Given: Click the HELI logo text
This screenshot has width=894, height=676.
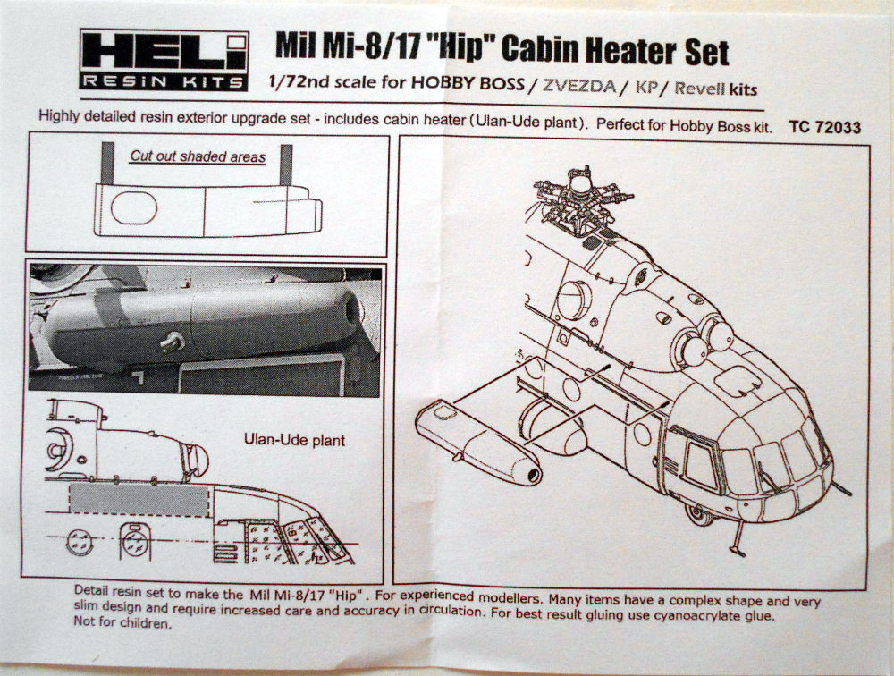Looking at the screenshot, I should tap(163, 51).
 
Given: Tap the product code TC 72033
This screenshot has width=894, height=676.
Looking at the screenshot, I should tap(825, 128).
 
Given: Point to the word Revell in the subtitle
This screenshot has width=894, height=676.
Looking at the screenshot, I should tap(700, 89).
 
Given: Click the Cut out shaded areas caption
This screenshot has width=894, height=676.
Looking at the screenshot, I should tap(198, 156).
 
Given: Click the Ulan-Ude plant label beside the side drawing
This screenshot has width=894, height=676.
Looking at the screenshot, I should tap(294, 441).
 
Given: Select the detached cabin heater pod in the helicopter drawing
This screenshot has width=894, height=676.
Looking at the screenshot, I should tap(480, 441).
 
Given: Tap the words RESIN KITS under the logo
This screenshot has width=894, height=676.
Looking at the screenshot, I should tap(163, 82).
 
